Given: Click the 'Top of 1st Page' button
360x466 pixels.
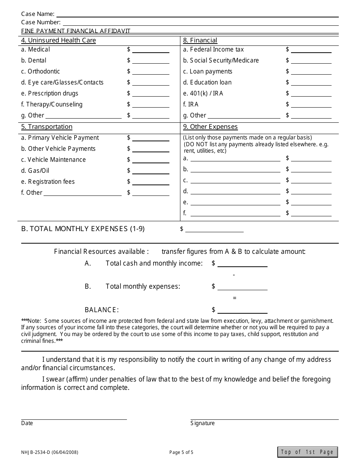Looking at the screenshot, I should tap(307, 452).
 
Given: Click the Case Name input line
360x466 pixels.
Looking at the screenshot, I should tap(197, 14).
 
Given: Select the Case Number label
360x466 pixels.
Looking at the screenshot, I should tap(41, 22).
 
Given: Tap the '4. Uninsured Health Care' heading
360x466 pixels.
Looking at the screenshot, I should tap(58, 41).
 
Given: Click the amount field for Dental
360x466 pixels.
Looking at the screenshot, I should tap(150, 61).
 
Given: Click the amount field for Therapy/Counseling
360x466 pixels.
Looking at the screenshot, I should tap(150, 105).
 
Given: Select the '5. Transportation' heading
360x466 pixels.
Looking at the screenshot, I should tap(47, 127).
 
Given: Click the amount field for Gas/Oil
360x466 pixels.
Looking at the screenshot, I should tap(150, 171).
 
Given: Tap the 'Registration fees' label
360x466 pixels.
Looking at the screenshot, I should tap(48, 182).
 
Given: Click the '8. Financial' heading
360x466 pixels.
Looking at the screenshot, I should tap(200, 41).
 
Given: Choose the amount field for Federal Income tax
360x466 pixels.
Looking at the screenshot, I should tap(311, 50).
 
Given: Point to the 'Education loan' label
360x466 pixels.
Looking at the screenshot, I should tap(207, 83).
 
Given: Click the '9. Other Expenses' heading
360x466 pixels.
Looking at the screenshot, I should tap(210, 127).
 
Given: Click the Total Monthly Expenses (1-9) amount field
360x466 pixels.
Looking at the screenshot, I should tap(214, 229).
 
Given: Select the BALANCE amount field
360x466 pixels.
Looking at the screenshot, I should tap(242, 310).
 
